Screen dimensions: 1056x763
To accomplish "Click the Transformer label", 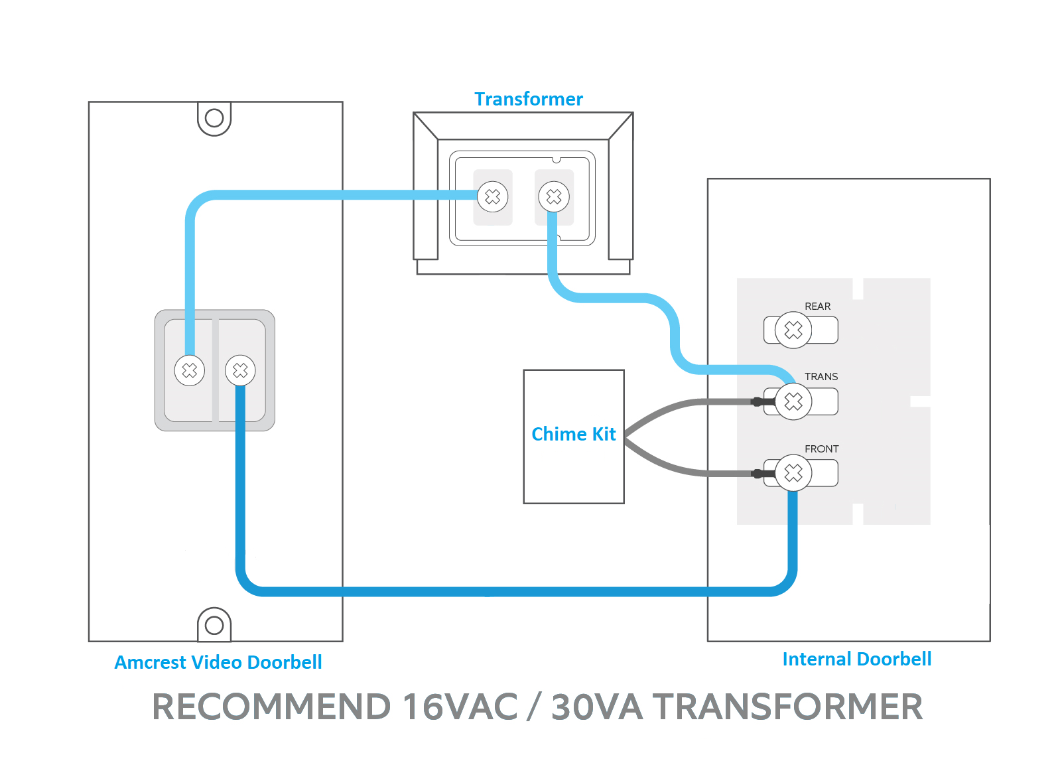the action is pyautogui.click(x=529, y=99).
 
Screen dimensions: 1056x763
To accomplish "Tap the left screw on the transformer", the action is pyautogui.click(x=493, y=196).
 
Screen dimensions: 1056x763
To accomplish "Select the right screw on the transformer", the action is pyautogui.click(x=554, y=196).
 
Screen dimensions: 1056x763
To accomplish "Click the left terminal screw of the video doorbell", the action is pyautogui.click(x=190, y=371).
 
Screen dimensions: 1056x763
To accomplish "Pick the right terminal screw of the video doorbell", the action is pyautogui.click(x=240, y=371).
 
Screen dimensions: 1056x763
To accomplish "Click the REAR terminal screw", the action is pyautogui.click(x=793, y=330).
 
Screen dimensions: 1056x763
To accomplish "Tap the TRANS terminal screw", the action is pyautogui.click(x=793, y=402).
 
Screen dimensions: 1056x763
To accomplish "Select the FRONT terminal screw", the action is pyautogui.click(x=793, y=473).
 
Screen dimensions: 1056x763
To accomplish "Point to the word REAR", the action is pyautogui.click(x=817, y=307).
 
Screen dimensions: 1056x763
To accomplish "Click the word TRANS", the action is pyautogui.click(x=821, y=377).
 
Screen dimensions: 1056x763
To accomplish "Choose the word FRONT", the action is pyautogui.click(x=822, y=449).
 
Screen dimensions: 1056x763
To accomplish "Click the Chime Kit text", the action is pyautogui.click(x=574, y=434).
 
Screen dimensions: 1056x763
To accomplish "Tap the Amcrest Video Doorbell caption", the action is pyautogui.click(x=218, y=663).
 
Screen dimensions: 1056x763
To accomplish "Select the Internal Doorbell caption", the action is pyautogui.click(x=857, y=659).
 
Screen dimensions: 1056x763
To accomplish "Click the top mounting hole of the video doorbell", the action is pyautogui.click(x=214, y=118).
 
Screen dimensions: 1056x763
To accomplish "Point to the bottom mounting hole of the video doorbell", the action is pyautogui.click(x=214, y=626).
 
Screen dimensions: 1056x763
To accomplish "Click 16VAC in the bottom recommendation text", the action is pyautogui.click(x=460, y=707).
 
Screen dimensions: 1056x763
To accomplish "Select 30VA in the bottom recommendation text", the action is pyautogui.click(x=597, y=707).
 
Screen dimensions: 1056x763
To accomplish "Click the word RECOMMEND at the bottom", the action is pyautogui.click(x=271, y=707).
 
